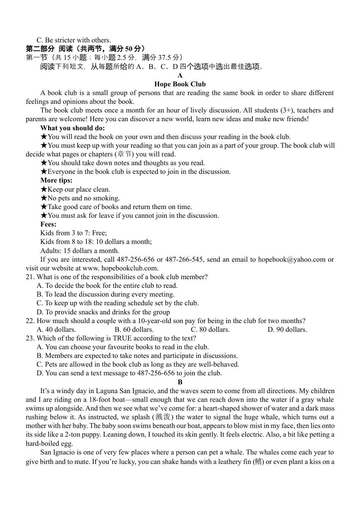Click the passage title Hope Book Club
180,84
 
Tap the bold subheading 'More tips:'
56,180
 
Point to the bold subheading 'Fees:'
48,224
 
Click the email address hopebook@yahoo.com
292,259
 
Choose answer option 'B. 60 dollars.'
134,329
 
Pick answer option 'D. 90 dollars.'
287,329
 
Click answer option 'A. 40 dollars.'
56,329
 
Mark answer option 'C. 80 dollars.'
210,329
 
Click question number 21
30,277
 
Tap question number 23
30,338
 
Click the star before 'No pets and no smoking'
44,198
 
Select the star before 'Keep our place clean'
44,189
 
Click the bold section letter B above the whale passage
180,382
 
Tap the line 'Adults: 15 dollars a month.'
80,251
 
